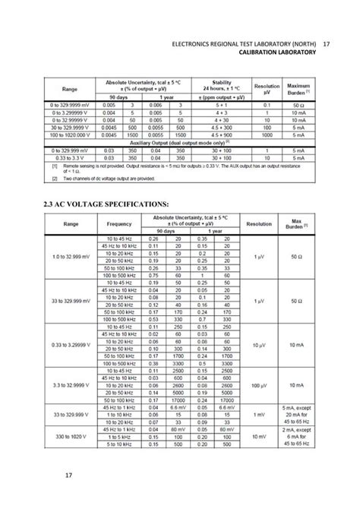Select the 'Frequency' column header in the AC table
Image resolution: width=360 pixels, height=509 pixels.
point(119,225)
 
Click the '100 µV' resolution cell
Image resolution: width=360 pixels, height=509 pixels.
point(260,385)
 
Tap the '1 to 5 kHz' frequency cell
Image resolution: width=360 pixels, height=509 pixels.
point(119,438)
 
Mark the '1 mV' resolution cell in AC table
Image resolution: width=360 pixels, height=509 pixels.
point(260,415)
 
